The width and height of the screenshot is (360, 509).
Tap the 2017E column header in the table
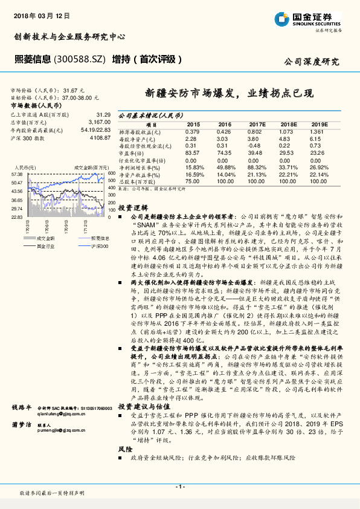(257, 123)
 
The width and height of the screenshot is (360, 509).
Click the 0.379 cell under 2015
(192, 131)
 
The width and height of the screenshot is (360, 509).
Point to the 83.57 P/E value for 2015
(192, 153)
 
